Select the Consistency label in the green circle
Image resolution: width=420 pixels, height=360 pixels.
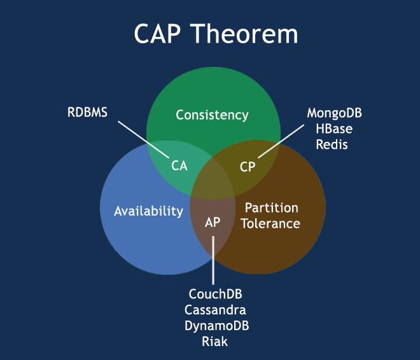point(212,115)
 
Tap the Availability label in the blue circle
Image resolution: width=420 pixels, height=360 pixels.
point(148,211)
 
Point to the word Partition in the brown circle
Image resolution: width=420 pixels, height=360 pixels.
point(271,208)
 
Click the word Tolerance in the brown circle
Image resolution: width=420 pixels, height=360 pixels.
point(271,223)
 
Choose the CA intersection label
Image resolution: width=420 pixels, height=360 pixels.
point(179,165)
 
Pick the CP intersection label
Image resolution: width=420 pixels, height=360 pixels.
point(248,167)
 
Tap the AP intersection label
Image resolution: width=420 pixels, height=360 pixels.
point(213,223)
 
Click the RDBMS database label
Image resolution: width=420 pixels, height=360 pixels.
point(88,113)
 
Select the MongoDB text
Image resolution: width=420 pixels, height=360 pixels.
point(335,113)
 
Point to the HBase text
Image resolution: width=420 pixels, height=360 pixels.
point(335,129)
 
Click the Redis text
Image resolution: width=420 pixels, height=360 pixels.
point(335,144)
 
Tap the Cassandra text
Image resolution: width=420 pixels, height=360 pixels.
point(216,310)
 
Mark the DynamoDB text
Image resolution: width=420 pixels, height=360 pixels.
point(216,326)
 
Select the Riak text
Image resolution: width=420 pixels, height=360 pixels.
point(216,342)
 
